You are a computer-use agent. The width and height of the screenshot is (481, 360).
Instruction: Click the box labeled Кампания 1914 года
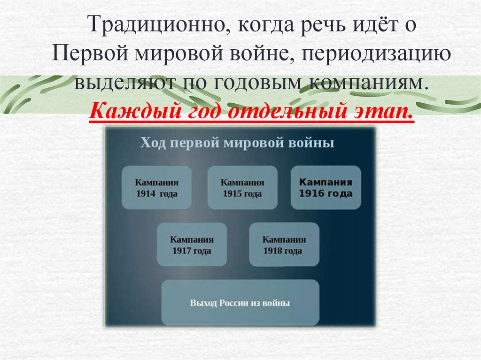pos(156,187)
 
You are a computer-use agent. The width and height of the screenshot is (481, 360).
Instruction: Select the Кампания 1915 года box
pos(242,187)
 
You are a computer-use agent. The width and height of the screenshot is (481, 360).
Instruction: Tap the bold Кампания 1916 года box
pos(326,187)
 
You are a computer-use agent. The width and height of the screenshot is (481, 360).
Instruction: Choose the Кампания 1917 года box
pos(192,245)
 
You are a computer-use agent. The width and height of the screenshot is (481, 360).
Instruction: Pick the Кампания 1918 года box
pos(284,245)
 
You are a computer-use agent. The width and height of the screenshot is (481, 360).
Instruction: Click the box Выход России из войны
pos(240,303)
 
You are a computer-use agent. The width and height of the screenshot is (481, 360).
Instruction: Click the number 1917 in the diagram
pos(180,251)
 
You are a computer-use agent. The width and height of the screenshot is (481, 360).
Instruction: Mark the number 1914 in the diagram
pos(146,193)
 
